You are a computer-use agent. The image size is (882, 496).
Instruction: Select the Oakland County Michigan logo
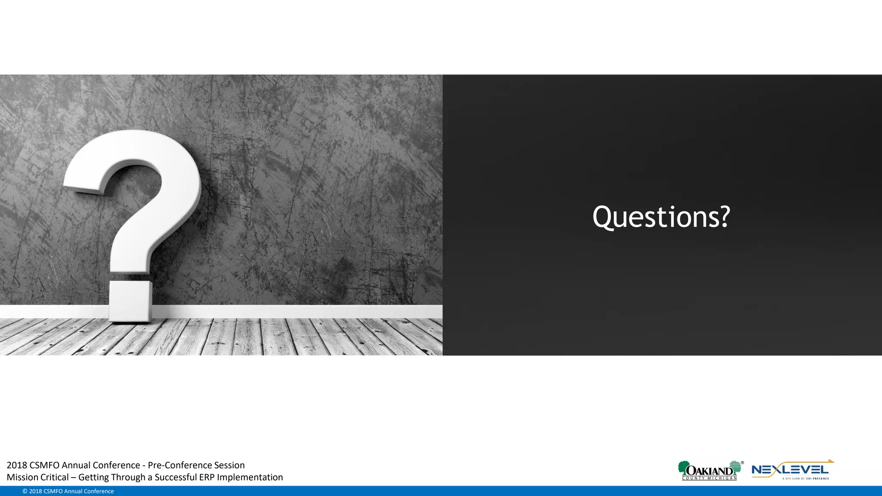[710, 471]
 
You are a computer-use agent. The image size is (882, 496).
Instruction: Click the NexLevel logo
[792, 471]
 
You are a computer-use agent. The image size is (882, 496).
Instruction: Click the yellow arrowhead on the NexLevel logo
[830, 462]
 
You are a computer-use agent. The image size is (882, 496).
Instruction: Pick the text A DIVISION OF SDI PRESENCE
[805, 478]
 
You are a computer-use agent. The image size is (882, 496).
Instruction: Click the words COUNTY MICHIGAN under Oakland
[709, 478]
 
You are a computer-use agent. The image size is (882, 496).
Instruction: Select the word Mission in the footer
[22, 477]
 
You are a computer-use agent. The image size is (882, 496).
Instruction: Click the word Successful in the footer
[175, 477]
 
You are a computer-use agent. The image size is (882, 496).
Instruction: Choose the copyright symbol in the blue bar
[25, 491]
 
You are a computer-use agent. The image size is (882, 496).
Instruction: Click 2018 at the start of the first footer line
[17, 465]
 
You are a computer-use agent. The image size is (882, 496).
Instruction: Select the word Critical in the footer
[55, 477]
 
